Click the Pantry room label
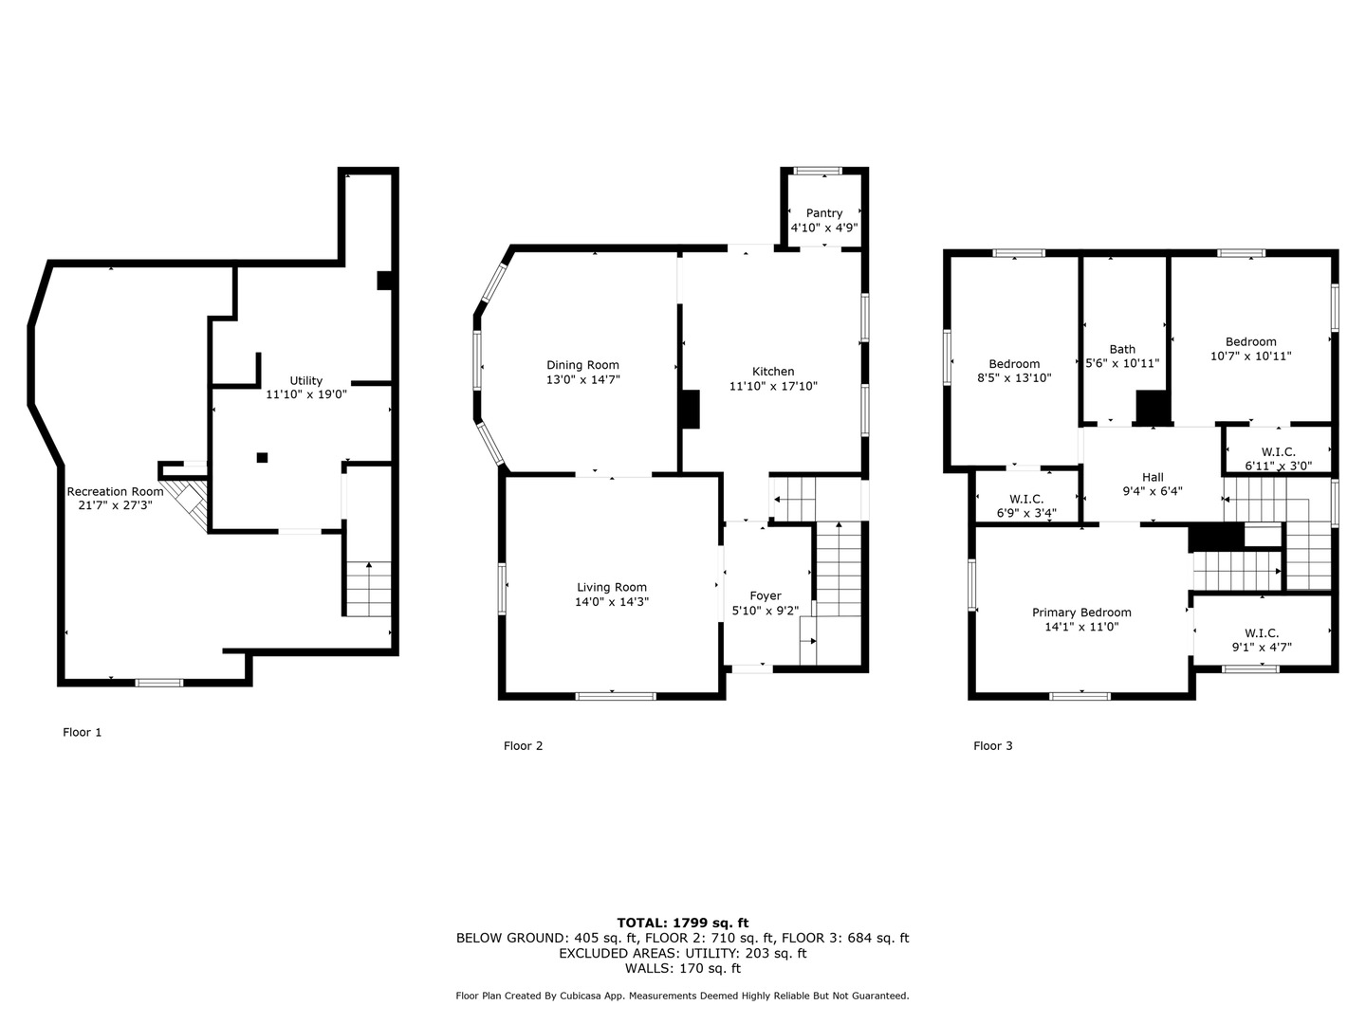pos(823,213)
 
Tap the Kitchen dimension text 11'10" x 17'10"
pos(773,386)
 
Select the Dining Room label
pos(582,365)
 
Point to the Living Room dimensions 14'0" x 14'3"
pos(612,602)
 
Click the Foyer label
pos(766,595)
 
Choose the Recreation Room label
pos(115,491)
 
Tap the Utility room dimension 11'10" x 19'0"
pos(306,394)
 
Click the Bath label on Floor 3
pos(1122,350)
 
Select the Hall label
pos(1153,478)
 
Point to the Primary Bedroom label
pos(1081,613)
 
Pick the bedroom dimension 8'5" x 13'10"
pos(1014,377)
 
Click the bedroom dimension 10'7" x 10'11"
pos(1251,357)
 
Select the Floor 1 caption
pos(83,732)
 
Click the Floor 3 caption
pos(992,746)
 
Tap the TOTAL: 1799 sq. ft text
pos(683,923)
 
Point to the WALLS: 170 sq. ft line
pos(683,968)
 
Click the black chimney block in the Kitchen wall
pos(691,409)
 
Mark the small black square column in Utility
pos(262,458)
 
